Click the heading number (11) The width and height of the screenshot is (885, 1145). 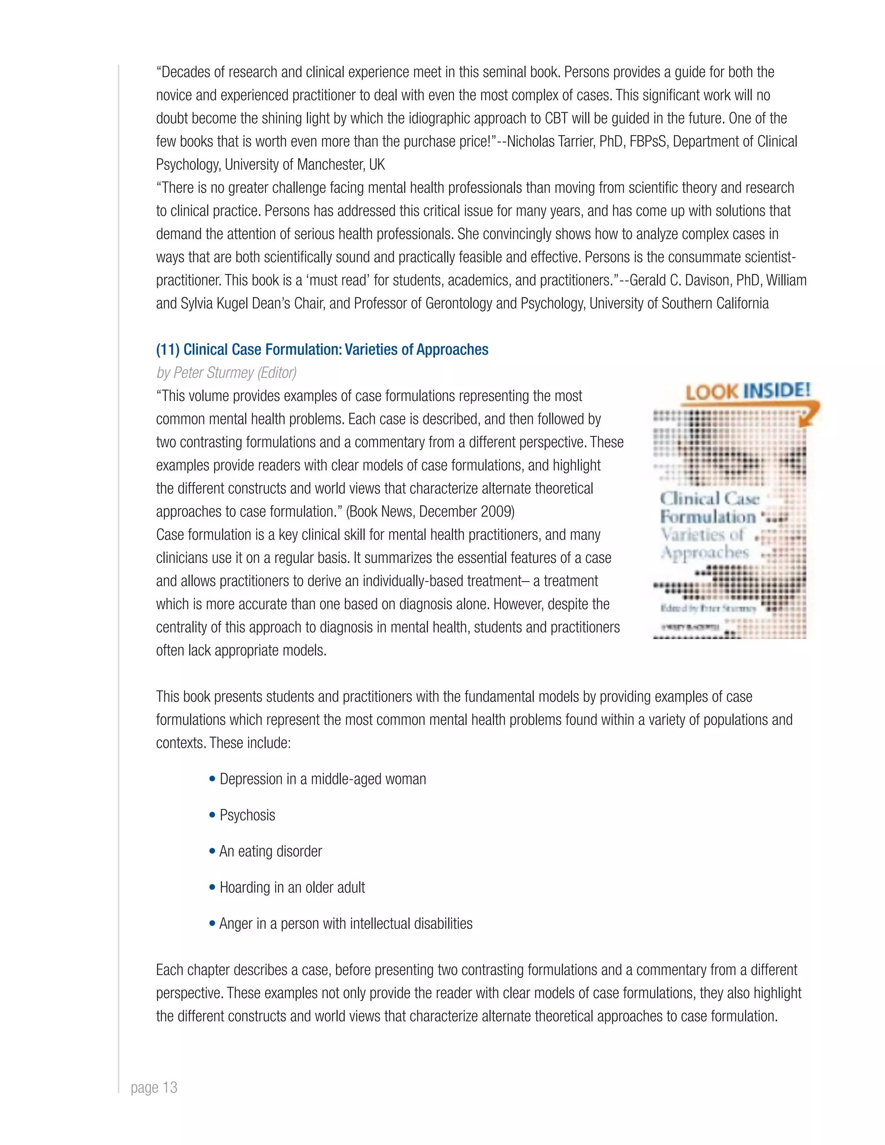[168, 350]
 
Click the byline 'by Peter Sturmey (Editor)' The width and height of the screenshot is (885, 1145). [226, 373]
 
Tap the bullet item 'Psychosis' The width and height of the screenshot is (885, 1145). [247, 815]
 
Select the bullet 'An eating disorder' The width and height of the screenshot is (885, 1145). [270, 852]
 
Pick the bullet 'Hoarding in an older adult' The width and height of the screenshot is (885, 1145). [292, 887]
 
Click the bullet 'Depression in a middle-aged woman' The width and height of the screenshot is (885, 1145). [322, 779]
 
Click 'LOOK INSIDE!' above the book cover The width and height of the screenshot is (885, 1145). [748, 391]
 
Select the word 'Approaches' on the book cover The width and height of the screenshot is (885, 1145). [705, 553]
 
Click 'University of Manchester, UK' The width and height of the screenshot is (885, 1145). [305, 165]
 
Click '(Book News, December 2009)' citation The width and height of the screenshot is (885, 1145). [430, 512]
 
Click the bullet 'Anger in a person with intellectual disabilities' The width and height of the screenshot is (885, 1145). [346, 924]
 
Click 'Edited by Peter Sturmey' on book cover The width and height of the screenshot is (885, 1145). [708, 608]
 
